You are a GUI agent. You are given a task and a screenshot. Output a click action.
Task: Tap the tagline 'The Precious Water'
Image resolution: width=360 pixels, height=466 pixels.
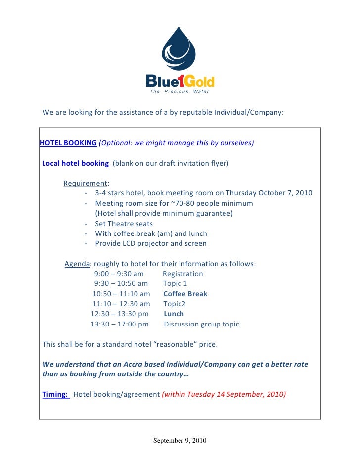pyautogui.click(x=180, y=91)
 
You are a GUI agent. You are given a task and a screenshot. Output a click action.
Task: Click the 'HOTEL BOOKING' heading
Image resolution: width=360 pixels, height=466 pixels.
pyautogui.click(x=68, y=143)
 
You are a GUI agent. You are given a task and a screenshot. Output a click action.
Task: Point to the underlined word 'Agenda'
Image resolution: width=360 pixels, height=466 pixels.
pyautogui.click(x=77, y=264)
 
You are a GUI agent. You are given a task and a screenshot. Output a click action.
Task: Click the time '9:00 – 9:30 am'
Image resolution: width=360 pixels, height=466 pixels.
pyautogui.click(x=119, y=274)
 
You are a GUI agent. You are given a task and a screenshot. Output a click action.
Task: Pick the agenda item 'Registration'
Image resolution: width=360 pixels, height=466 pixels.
pyautogui.click(x=182, y=274)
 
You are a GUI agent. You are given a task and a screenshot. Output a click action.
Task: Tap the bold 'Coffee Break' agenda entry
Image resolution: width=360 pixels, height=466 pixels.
pyautogui.click(x=185, y=294)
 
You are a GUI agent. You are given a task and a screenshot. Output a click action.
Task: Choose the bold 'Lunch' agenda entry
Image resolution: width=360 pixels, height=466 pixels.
pyautogui.click(x=174, y=314)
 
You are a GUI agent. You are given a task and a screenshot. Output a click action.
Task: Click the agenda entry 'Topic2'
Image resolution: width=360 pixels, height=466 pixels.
pyautogui.click(x=174, y=304)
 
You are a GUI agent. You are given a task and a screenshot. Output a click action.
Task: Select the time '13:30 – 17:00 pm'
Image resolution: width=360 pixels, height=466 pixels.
pyautogui.click(x=120, y=324)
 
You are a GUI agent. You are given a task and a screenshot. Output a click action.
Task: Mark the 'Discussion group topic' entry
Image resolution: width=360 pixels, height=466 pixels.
pyautogui.click(x=201, y=324)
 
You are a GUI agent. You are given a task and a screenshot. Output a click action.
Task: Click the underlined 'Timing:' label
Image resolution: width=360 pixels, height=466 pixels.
pyautogui.click(x=55, y=394)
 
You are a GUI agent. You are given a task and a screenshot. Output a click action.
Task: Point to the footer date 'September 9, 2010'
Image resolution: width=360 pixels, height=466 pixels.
pyautogui.click(x=180, y=440)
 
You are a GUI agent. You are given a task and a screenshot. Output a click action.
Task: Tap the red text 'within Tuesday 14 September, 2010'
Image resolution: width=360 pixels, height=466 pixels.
pyautogui.click(x=224, y=394)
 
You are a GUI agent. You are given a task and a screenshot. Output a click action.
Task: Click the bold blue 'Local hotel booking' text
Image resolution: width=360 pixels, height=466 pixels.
pyautogui.click(x=76, y=163)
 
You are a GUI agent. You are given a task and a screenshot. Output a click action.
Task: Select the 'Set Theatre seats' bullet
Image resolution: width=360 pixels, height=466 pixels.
pyautogui.click(x=124, y=224)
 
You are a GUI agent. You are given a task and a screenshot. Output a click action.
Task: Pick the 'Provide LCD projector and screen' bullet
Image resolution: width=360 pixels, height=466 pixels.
pyautogui.click(x=151, y=243)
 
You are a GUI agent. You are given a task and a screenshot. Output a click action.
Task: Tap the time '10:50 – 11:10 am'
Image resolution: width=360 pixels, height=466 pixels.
pyautogui.click(x=121, y=294)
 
